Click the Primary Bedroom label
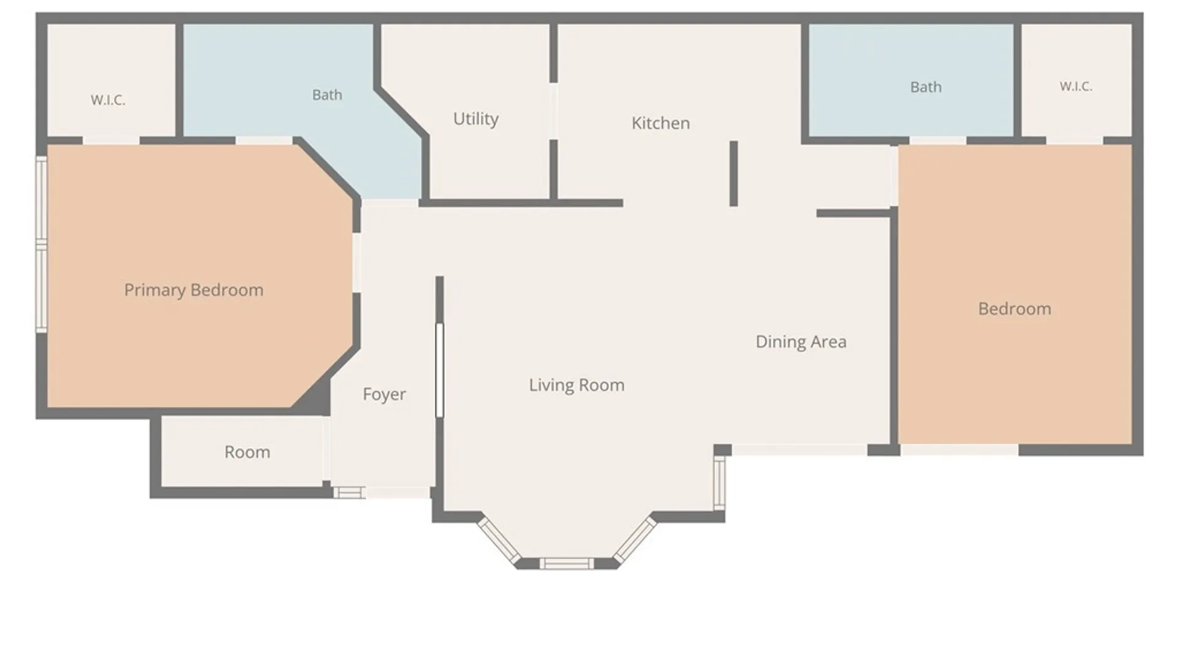pyautogui.click(x=194, y=290)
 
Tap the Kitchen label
pyautogui.click(x=661, y=123)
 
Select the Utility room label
pyautogui.click(x=475, y=119)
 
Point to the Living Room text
pyautogui.click(x=577, y=385)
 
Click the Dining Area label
pyautogui.click(x=801, y=341)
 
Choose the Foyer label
pyautogui.click(x=384, y=394)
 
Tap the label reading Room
pyautogui.click(x=247, y=452)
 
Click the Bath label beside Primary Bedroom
pyautogui.click(x=327, y=95)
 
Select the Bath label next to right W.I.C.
pyautogui.click(x=926, y=87)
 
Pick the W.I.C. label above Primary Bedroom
pyautogui.click(x=108, y=100)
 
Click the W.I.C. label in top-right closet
pyautogui.click(x=1076, y=86)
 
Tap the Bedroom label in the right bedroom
pyautogui.click(x=1015, y=308)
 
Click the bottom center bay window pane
pyautogui.click(x=567, y=563)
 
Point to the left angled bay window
pyautogui.click(x=499, y=541)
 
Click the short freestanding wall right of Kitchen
pyautogui.click(x=733, y=173)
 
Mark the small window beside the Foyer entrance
pyautogui.click(x=349, y=492)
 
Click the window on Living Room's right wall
pyautogui.click(x=720, y=484)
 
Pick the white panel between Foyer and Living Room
pyautogui.click(x=439, y=370)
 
